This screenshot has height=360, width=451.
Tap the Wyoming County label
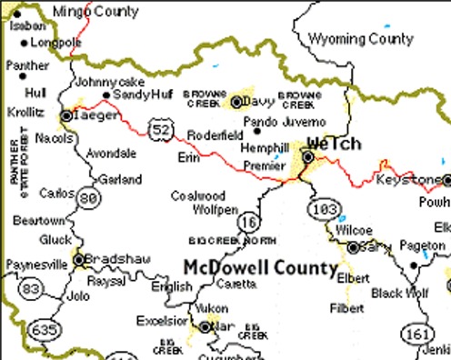361,38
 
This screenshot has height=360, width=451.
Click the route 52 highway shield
161,131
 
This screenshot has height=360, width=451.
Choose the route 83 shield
32,288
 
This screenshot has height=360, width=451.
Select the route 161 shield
416,334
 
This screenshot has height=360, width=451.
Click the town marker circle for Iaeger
66,115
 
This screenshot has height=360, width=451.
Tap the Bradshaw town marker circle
79,259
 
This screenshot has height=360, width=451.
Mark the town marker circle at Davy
236,102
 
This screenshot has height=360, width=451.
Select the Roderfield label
214,135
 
